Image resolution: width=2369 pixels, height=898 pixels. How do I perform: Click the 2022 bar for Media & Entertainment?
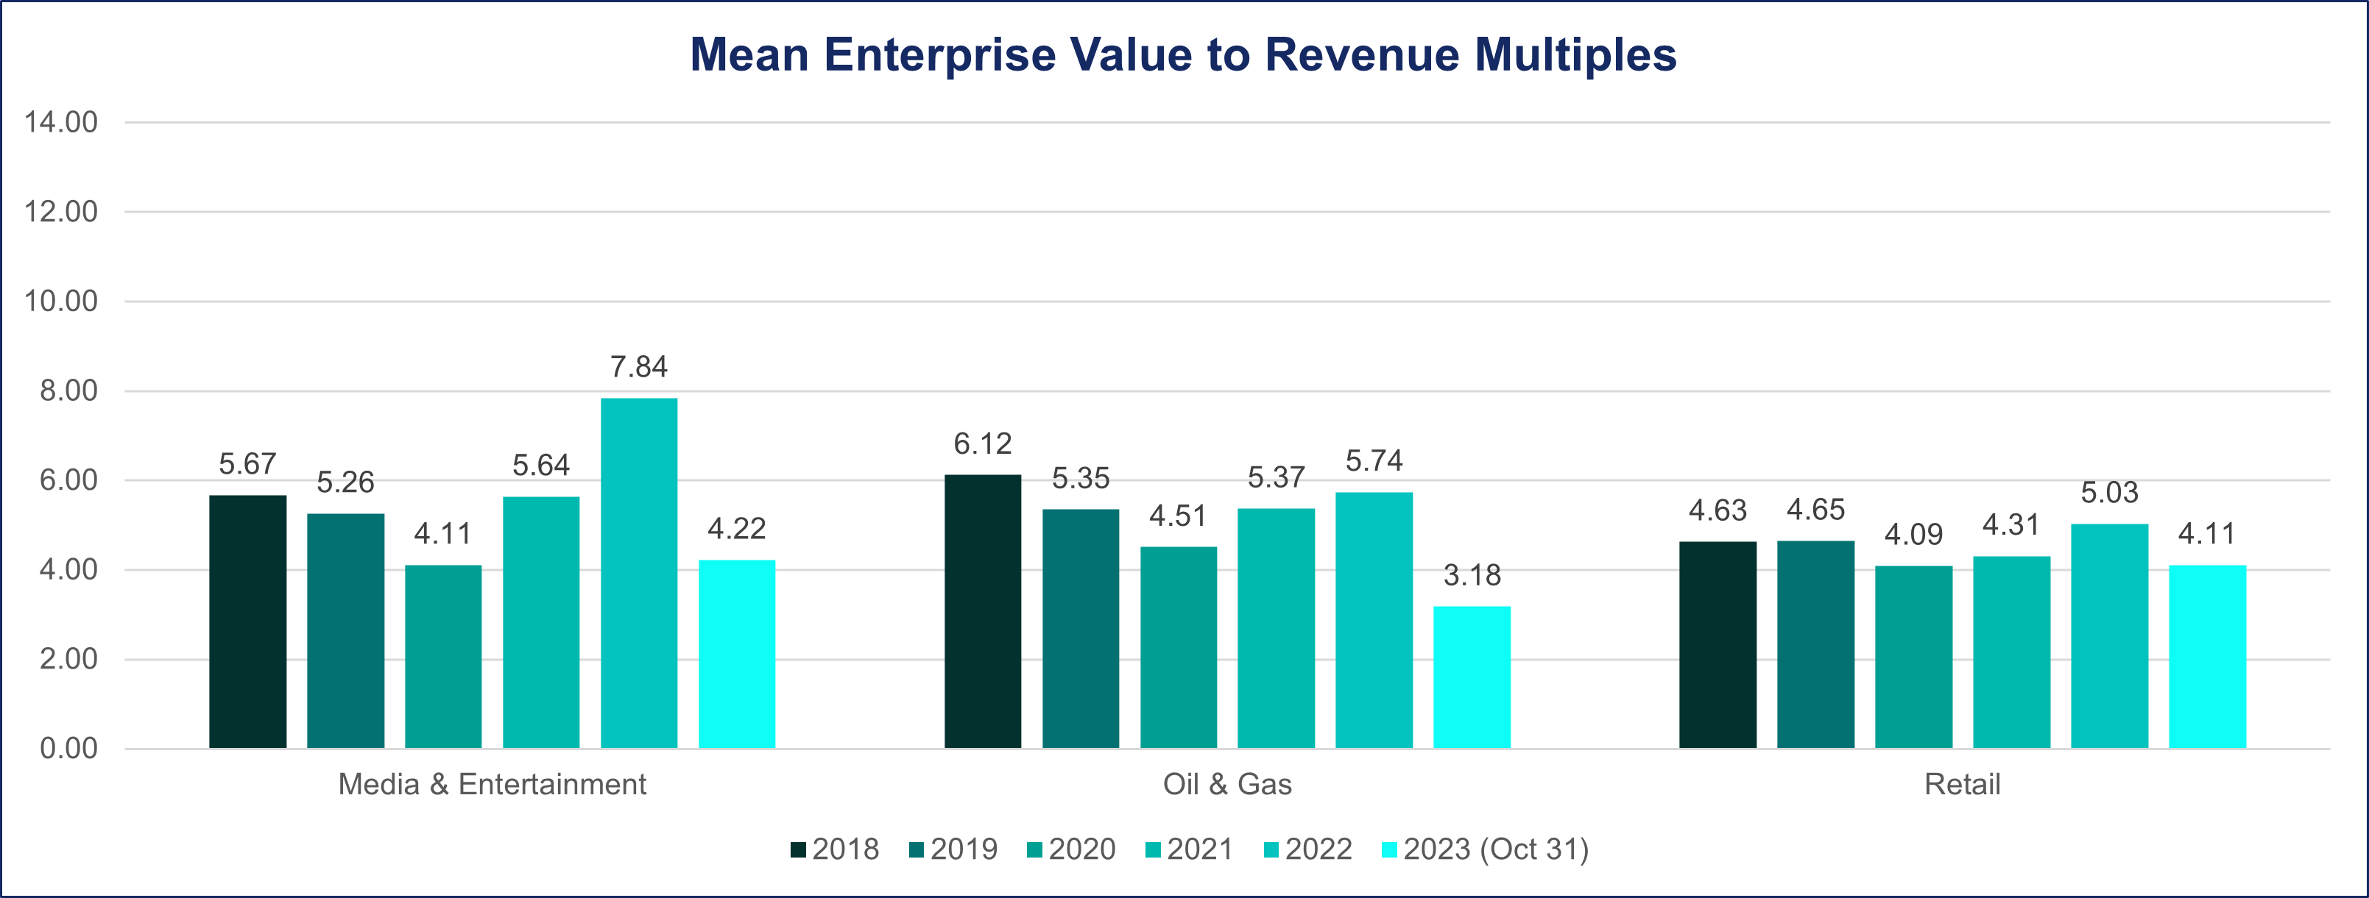point(639,573)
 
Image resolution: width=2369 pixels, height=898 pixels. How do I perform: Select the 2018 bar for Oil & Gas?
point(982,611)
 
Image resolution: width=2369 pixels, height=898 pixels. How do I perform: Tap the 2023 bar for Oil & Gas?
point(1472,677)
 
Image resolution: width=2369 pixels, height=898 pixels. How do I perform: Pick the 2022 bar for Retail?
point(2110,636)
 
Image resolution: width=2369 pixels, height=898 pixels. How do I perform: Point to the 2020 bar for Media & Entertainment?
point(443,656)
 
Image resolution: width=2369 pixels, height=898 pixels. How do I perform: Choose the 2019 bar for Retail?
point(1815,644)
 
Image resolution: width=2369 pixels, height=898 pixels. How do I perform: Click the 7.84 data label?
point(639,367)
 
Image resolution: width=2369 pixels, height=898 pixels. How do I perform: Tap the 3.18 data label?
point(1472,575)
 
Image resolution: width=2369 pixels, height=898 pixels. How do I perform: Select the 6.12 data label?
point(982,444)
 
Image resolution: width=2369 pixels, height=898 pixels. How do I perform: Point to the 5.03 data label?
point(2110,493)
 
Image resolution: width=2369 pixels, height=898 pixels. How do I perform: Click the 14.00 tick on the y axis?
point(60,122)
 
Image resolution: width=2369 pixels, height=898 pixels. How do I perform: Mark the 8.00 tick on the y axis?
point(68,391)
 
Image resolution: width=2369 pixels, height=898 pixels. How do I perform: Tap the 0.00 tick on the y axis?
point(68,748)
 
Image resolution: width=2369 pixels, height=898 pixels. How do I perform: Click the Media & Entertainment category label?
point(492,784)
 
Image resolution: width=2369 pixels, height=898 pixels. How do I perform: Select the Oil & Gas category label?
point(1226,784)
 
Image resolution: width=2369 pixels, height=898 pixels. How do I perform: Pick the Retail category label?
point(1962,784)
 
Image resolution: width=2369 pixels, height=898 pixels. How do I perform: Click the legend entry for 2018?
point(835,849)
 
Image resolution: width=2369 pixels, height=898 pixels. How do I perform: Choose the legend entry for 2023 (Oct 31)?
point(1485,849)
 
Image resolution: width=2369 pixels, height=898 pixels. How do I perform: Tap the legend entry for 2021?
point(1189,849)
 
